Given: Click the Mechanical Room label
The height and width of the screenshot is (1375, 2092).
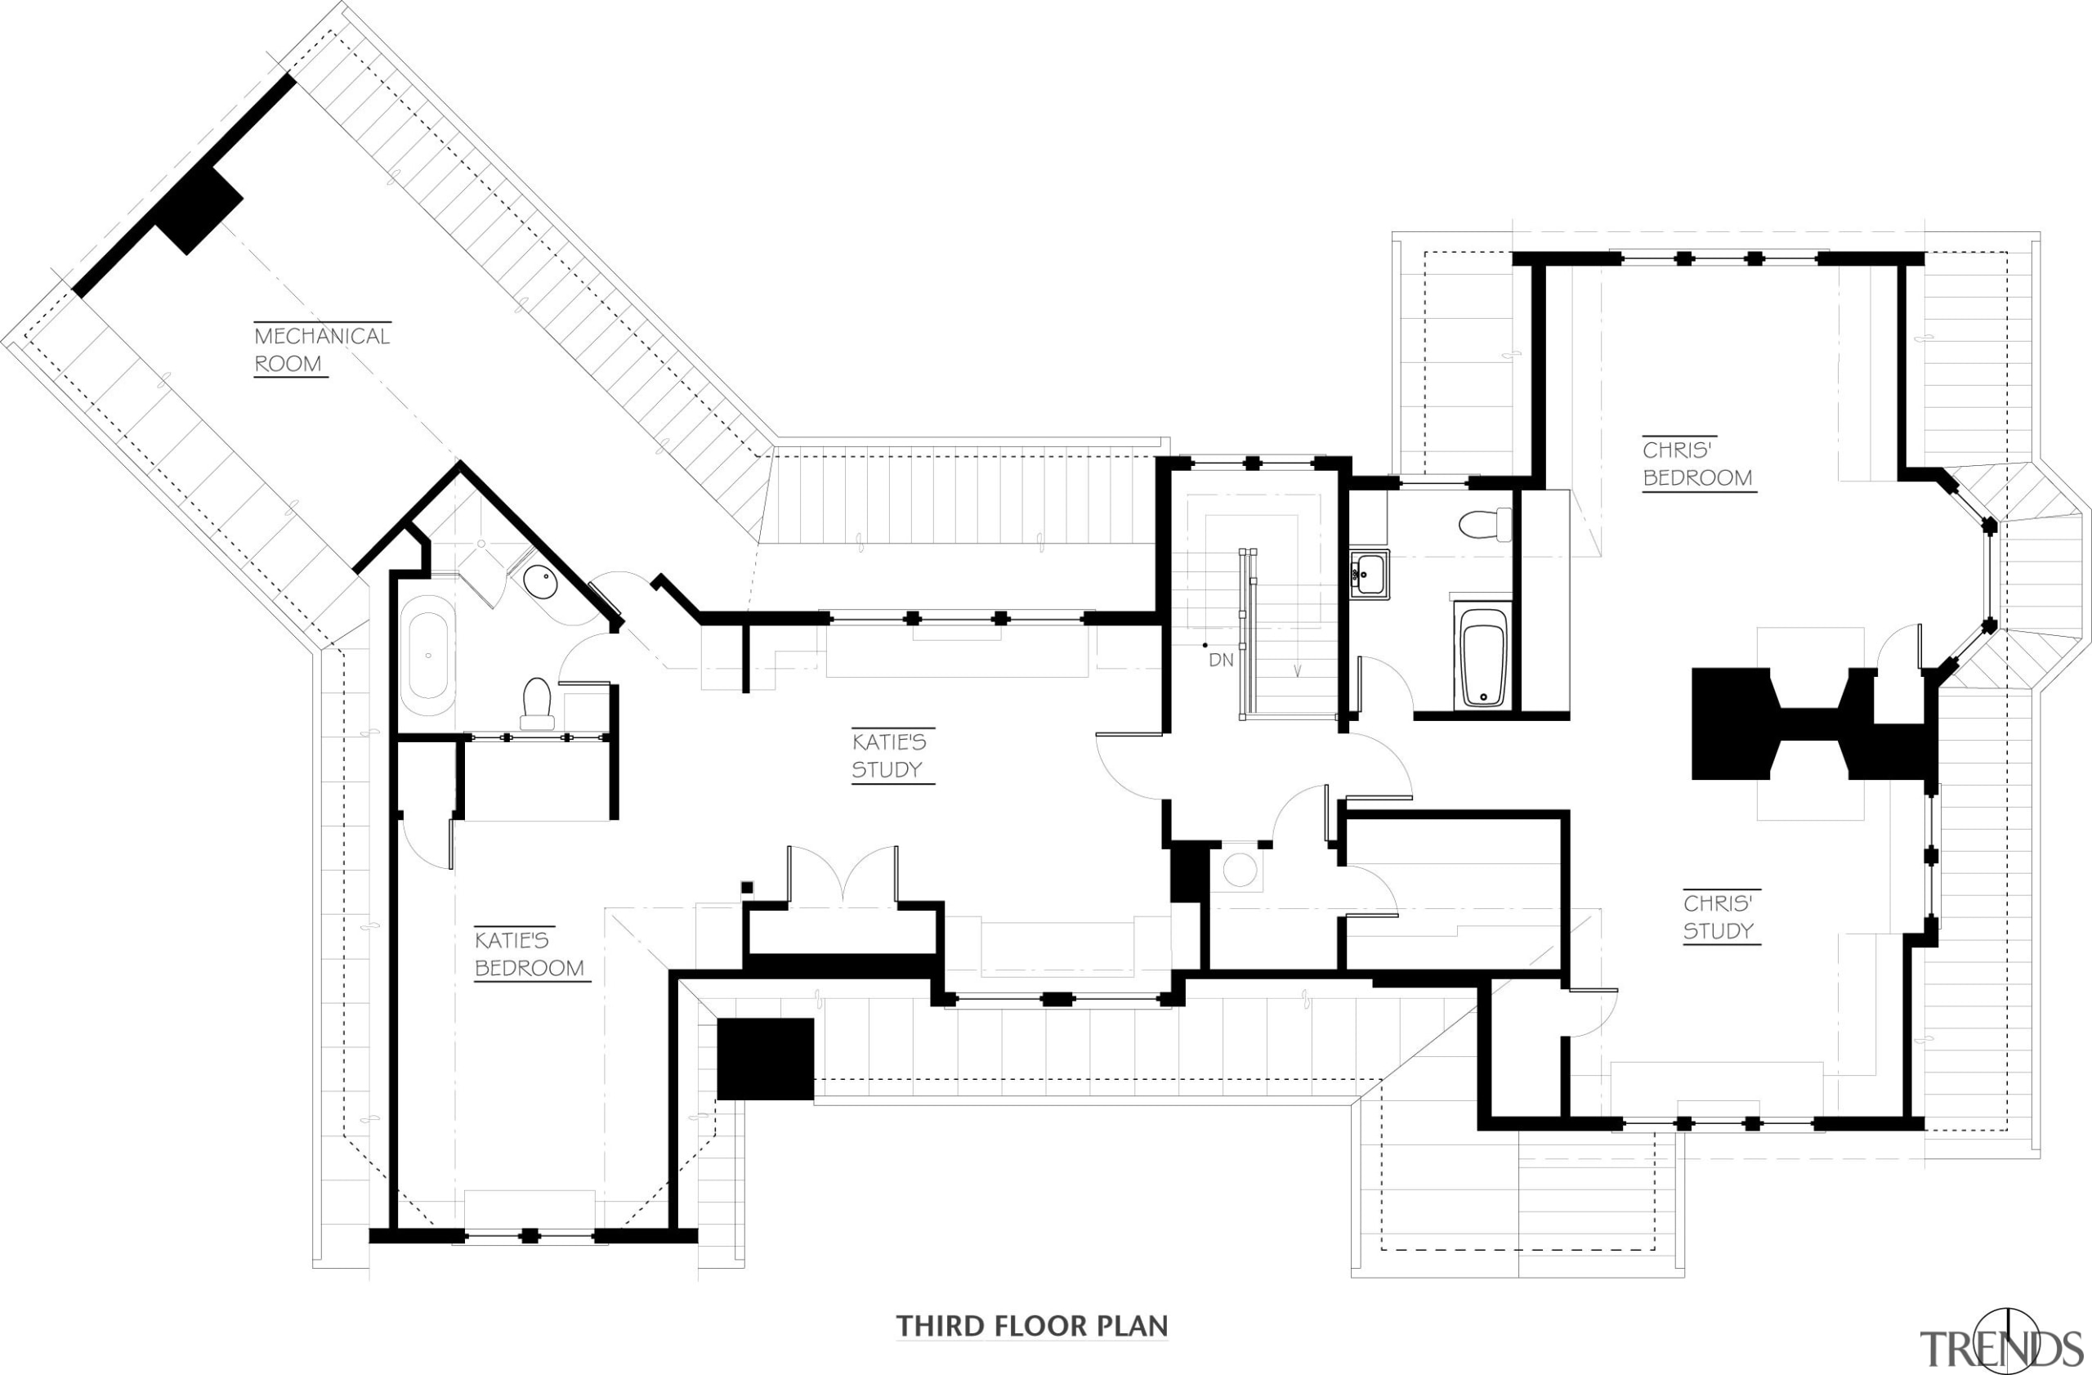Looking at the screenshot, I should pos(321,349).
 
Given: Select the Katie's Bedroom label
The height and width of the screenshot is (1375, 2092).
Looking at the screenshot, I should pos(530,954).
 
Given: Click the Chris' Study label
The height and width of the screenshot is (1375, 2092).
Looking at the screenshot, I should pos(1719,917).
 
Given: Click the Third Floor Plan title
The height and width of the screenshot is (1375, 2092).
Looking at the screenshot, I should pos(1031,1326).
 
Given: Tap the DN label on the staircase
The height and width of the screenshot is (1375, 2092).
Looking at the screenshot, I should pos(1221,660).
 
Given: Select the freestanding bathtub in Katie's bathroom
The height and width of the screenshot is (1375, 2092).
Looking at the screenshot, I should pos(428,655).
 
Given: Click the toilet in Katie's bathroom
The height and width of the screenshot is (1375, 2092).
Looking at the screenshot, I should pos(536,703).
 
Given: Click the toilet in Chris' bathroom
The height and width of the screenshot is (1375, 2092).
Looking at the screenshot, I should pos(1484,525).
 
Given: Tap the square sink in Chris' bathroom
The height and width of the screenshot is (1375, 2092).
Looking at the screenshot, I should pos(1369,575).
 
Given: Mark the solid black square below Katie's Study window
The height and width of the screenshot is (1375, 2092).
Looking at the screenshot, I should pos(765,1059).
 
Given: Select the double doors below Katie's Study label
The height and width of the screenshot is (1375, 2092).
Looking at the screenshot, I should pos(843,875).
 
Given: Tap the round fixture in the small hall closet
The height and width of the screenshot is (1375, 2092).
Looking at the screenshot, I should pos(1240,871).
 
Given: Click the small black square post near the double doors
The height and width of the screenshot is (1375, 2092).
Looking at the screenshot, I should pos(747,887).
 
